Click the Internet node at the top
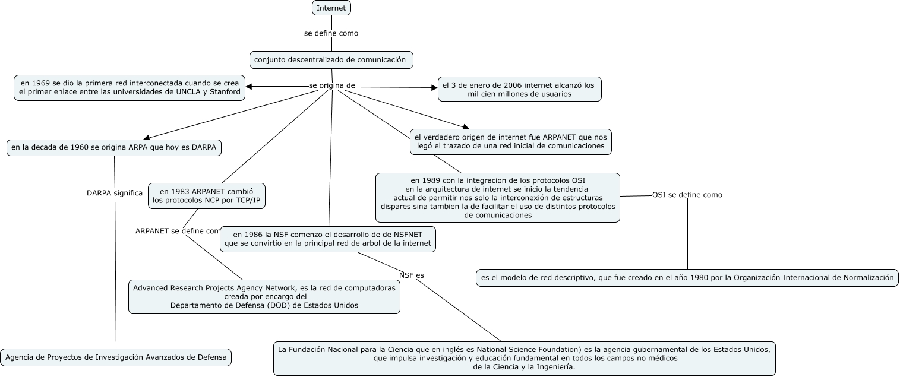coord(331,8)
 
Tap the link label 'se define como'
coord(331,33)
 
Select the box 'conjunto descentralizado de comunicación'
coord(331,59)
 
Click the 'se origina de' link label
coord(331,85)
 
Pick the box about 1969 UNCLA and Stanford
coord(130,87)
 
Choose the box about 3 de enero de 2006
coord(519,89)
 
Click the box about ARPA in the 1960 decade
coord(114,147)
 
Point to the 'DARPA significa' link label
coord(115,193)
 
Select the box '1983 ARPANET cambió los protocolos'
coord(207,196)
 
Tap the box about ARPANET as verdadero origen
coord(510,141)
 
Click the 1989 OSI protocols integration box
coord(498,197)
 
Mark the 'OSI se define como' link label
coord(687,195)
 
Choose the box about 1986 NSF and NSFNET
coord(328,239)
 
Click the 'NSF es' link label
coord(412,275)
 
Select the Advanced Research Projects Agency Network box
coord(264,296)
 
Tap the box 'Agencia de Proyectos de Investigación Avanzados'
coord(116,357)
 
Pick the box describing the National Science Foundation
coord(524,358)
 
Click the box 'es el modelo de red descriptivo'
coord(687,277)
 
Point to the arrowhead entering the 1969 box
coord(249,87)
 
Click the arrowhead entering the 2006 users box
coord(434,88)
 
